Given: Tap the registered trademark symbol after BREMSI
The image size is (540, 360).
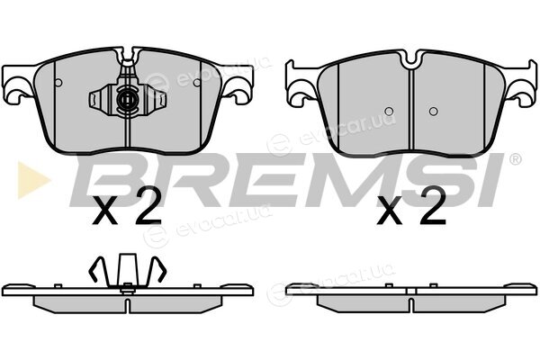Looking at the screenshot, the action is pos(515,159).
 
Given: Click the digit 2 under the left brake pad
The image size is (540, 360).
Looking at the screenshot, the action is pos(148,206).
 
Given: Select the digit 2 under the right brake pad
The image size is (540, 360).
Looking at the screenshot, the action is pos(433,206).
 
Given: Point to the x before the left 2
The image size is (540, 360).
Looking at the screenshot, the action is pos(105,211).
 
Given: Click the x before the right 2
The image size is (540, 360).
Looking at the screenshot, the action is pos(389,211).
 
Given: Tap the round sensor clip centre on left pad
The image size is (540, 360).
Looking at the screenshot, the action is pos(126,100).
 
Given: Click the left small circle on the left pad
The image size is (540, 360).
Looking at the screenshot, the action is pos(58,83).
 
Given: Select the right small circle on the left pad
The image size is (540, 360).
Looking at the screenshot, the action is pos(196,83).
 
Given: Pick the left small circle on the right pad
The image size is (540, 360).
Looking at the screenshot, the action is pos(389,112).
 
